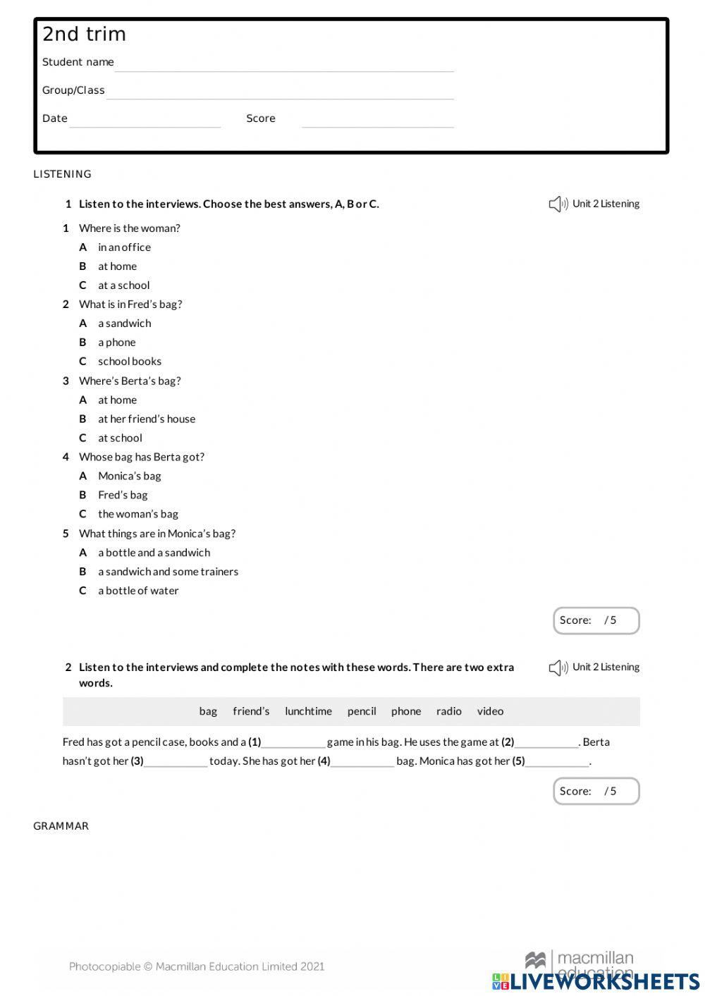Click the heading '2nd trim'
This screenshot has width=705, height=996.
84,34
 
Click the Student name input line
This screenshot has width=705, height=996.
284,64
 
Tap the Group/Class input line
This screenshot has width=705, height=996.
280,92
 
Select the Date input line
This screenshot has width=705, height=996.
145,121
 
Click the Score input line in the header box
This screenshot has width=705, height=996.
377,121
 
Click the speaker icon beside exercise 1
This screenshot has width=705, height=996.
558,204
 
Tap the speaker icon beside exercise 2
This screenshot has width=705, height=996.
558,668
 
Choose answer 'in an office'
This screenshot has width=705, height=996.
124,247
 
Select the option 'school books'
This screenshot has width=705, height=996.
130,362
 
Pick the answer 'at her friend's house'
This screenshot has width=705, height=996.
147,419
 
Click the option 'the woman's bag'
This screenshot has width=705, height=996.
138,514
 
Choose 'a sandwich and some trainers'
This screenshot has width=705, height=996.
168,572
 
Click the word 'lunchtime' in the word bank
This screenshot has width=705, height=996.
308,711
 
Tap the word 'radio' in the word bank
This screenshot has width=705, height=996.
448,711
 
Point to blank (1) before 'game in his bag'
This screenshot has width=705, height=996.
293,743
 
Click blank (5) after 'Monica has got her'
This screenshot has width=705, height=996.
557,762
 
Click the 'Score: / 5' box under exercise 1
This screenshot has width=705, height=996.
596,620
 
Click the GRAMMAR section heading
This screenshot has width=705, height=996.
61,826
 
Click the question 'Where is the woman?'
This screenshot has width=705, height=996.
130,228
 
